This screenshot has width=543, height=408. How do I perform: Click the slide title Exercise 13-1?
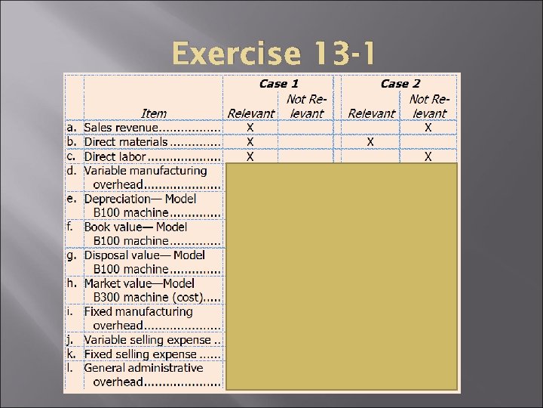coord(271,54)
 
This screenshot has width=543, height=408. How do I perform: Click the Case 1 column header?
coord(278,84)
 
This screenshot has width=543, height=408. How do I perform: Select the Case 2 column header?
coord(400,84)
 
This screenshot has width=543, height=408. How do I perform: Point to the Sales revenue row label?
coord(125,128)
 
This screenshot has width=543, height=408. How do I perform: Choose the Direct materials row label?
coord(126,142)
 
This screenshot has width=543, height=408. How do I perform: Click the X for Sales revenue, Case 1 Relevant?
coord(250,128)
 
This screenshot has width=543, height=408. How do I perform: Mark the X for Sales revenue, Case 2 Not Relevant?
coord(428,128)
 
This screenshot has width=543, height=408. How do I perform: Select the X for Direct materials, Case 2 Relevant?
coord(370,142)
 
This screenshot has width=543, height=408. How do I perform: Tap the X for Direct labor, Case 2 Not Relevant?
coord(428,156)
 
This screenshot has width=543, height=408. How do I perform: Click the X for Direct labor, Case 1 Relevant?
coord(250,156)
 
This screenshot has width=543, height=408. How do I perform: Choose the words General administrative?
coord(143,368)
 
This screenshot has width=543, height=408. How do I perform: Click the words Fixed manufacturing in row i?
coord(138,311)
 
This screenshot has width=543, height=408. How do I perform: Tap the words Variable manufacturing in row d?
coord(145,171)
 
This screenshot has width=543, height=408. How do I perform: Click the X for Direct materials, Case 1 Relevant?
coord(250,142)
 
